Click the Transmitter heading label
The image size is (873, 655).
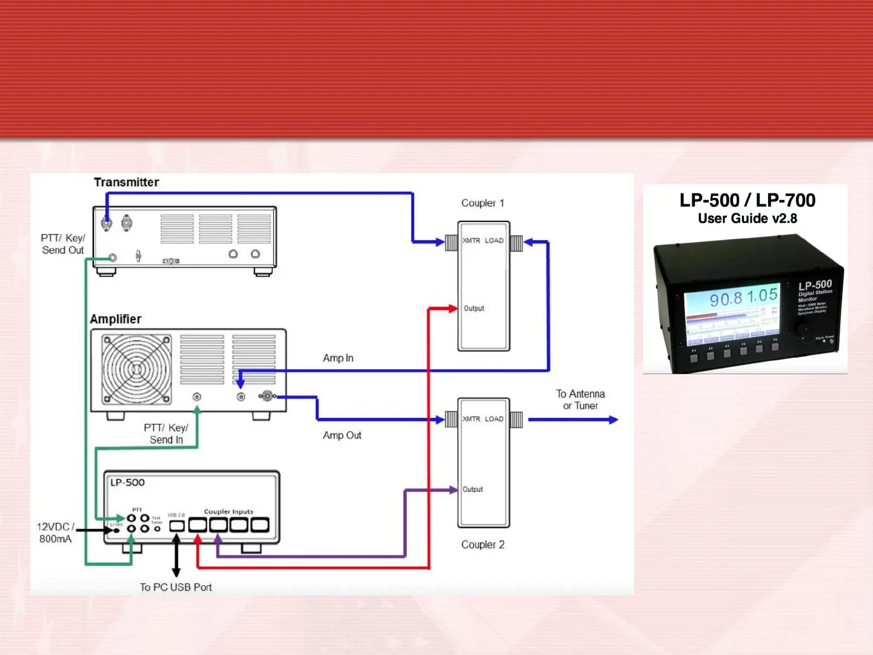(x=126, y=182)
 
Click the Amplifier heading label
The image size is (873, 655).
(x=115, y=319)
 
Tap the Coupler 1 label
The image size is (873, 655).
(x=483, y=203)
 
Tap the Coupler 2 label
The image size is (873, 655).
(x=483, y=545)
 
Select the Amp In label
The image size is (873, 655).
(x=338, y=358)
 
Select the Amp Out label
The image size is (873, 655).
(x=342, y=435)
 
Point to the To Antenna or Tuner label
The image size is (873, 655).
(x=580, y=400)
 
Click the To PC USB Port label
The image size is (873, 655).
(x=176, y=587)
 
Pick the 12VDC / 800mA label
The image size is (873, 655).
(x=55, y=532)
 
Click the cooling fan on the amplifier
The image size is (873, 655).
(x=136, y=369)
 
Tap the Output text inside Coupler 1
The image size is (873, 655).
(x=474, y=308)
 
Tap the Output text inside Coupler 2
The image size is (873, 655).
(x=473, y=489)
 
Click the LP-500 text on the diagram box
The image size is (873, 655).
(x=127, y=483)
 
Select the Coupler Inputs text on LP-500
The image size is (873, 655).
(x=229, y=511)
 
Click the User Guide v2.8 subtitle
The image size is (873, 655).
(x=747, y=218)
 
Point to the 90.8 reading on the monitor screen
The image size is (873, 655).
(x=726, y=299)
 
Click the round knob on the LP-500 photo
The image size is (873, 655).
(x=806, y=333)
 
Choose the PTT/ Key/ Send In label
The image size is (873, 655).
(x=166, y=434)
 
